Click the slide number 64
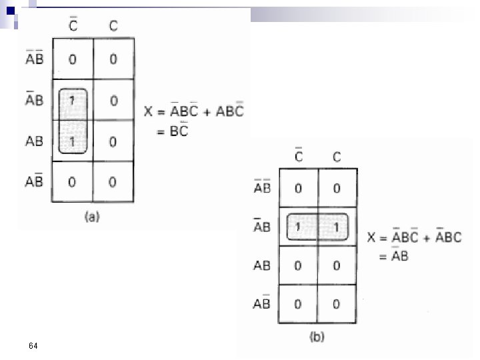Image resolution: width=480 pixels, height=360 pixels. (33, 345)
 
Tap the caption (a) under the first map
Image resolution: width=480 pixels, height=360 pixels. (91, 216)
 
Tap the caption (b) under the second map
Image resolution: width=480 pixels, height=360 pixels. (317, 337)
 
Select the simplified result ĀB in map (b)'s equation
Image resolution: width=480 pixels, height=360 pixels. (400, 254)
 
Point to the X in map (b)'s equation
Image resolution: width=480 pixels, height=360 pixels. (373, 237)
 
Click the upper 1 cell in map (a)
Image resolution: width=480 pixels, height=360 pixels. (72, 101)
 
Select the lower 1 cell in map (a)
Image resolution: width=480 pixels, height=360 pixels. (72, 141)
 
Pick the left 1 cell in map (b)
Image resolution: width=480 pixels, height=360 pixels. (298, 227)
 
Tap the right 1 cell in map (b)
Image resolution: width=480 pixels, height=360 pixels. (336, 227)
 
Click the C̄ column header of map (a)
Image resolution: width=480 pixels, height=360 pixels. (73, 25)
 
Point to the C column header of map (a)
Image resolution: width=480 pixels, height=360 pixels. (113, 26)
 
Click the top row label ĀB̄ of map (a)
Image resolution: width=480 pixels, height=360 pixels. (35, 59)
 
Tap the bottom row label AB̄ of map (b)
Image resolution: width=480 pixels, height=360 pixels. (262, 303)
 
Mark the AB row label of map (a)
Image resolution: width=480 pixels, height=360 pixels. (35, 141)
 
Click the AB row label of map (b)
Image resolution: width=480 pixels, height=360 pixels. (262, 265)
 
